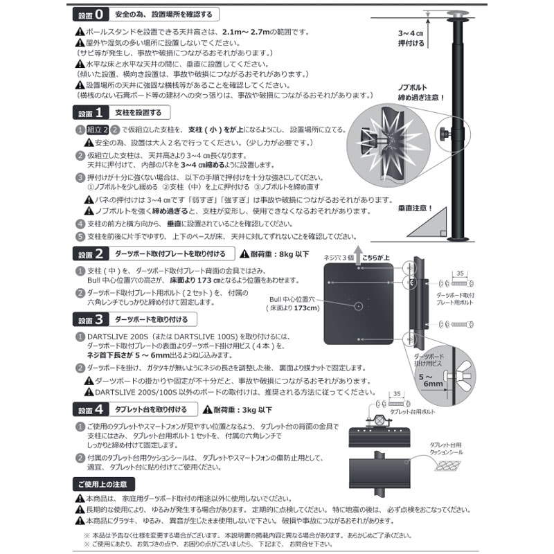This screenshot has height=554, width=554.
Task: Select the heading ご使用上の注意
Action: pyautogui.click(x=102, y=483)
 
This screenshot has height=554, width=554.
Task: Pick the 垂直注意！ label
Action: pyautogui.click(x=414, y=207)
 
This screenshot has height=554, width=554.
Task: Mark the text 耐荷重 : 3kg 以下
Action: pyautogui.click(x=238, y=410)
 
